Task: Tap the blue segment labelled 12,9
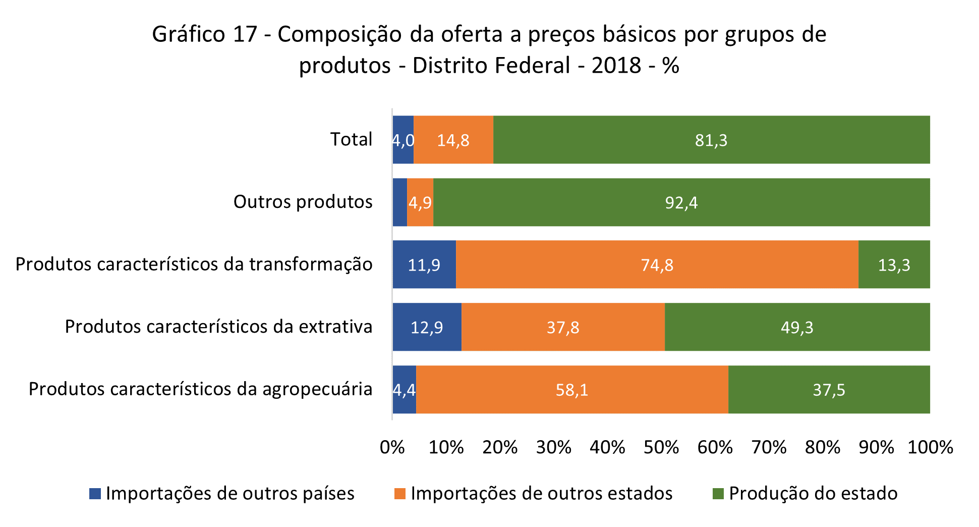(427, 327)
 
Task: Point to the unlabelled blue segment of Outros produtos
(399, 202)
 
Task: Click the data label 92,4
(681, 203)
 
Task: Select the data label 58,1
(571, 390)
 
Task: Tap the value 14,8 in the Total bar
(453, 140)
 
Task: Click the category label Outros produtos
(303, 202)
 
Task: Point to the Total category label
(351, 139)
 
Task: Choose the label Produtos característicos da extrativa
(218, 327)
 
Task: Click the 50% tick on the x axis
(661, 447)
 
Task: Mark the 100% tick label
(930, 447)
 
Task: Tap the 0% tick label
(392, 447)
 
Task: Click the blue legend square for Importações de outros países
(95, 494)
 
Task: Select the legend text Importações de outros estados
(541, 493)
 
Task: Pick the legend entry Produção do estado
(813, 493)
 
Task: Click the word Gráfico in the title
(188, 34)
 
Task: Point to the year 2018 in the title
(616, 66)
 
